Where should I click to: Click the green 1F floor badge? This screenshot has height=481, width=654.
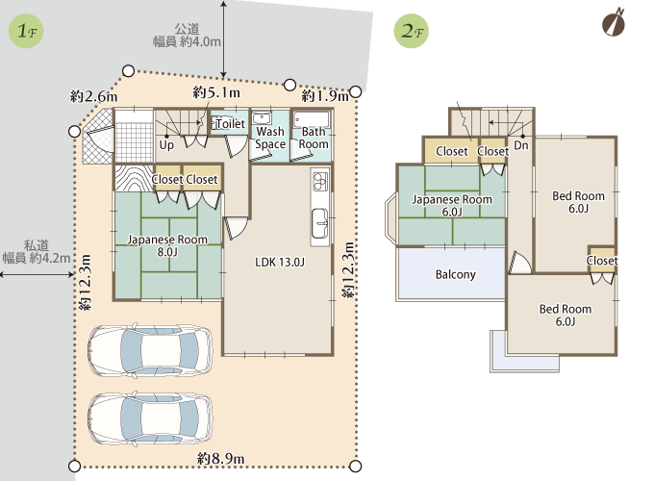(26, 31)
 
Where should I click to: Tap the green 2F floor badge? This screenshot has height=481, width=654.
(412, 31)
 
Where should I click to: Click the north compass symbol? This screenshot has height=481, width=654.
(614, 22)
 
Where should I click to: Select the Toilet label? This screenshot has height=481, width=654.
(230, 123)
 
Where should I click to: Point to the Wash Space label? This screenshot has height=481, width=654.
(270, 138)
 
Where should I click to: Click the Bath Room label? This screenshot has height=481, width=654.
(314, 138)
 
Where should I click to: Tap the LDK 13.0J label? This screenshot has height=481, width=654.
(280, 262)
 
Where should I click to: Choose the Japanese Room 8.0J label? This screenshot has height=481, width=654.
(167, 245)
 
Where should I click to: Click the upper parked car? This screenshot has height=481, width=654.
(150, 349)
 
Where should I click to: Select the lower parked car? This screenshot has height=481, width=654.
(150, 418)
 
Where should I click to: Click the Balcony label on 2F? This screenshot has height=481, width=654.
(456, 274)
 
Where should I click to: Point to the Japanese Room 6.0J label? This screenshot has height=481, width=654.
(452, 206)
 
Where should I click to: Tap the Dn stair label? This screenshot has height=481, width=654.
(521, 145)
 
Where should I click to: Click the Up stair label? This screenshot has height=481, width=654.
(166, 145)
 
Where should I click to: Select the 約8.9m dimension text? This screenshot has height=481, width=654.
(220, 459)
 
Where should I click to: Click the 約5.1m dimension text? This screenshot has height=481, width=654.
(216, 92)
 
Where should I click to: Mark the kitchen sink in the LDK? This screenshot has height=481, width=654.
(320, 223)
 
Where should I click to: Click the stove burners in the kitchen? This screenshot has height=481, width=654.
(320, 181)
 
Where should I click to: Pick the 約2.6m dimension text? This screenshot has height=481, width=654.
(94, 96)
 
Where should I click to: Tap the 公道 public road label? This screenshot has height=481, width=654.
(187, 29)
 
